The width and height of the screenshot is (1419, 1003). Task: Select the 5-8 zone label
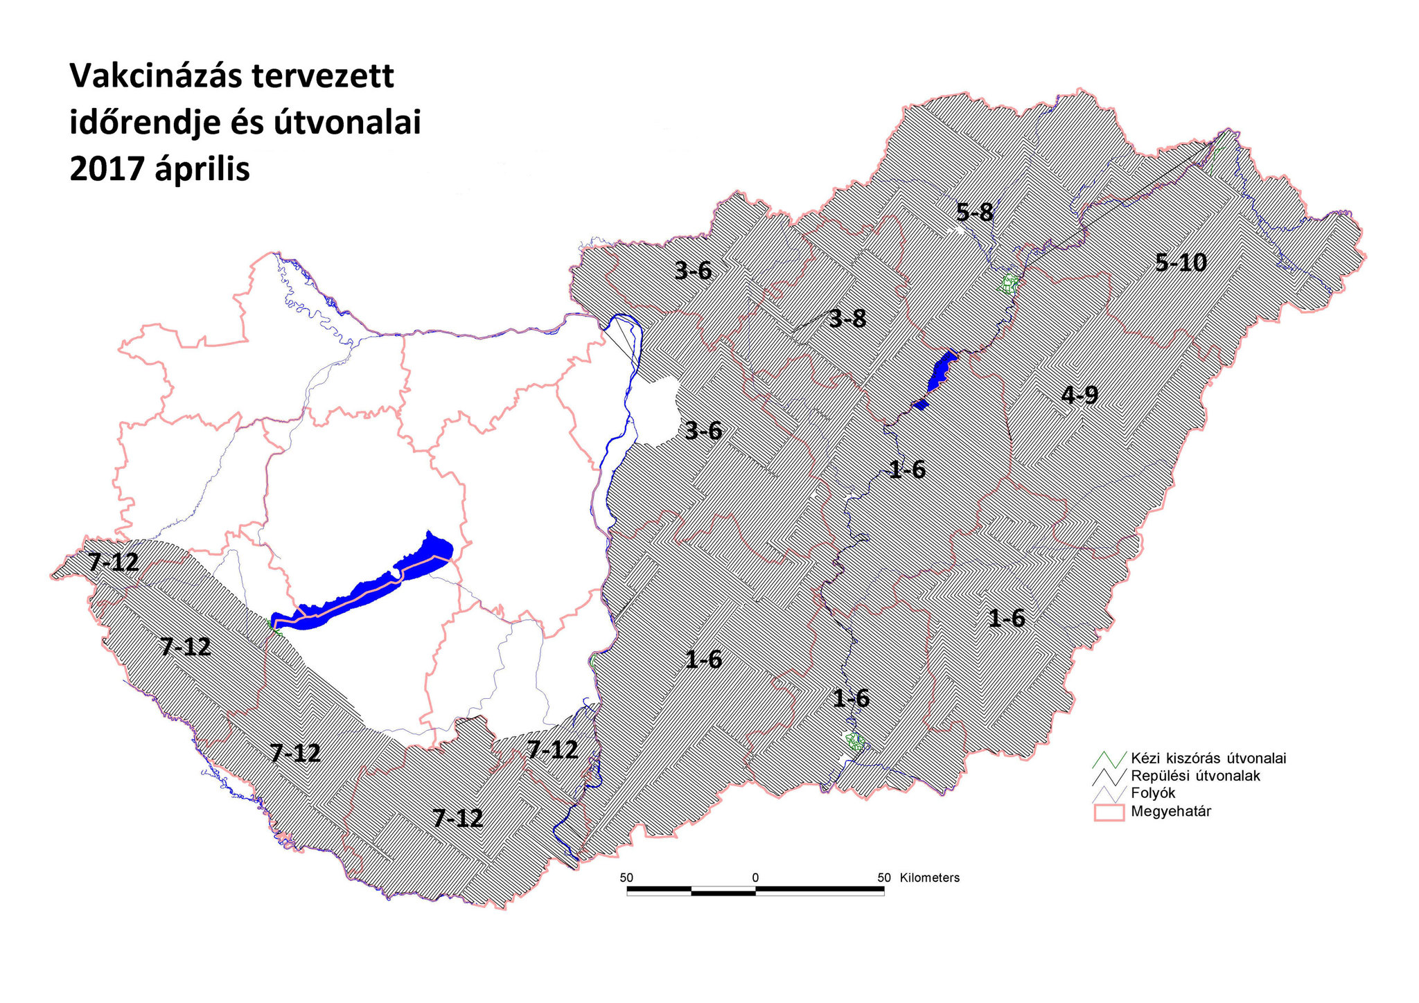974,212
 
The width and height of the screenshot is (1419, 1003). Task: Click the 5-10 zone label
1181,263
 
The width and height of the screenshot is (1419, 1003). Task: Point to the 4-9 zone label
1079,396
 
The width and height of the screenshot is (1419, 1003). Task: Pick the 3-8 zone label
847,319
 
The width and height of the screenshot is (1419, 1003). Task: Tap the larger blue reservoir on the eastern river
941,370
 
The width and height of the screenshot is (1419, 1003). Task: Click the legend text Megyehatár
1170,811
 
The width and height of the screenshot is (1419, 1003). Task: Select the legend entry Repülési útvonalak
1195,776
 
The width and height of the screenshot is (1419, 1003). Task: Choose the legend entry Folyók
1153,793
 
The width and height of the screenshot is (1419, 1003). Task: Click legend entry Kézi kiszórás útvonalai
1208,758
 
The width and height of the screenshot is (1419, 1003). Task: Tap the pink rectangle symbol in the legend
1109,812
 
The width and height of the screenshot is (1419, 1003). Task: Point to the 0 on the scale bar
755,878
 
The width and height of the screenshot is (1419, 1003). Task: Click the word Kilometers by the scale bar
929,878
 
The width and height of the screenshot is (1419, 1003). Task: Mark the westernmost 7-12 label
113,562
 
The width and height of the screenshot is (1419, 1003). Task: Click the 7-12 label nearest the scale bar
552,749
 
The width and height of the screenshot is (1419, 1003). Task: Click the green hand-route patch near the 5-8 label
1009,283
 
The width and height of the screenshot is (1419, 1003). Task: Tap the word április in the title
202,169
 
